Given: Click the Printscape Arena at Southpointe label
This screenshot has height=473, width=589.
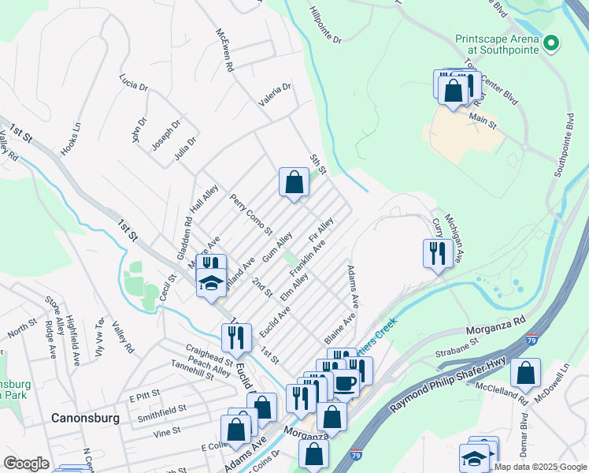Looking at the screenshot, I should (497, 43).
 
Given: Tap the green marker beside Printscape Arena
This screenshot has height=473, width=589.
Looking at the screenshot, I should (552, 43).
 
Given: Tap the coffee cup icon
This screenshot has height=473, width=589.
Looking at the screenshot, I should (345, 382).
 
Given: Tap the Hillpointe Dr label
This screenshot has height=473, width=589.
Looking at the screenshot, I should (325, 29).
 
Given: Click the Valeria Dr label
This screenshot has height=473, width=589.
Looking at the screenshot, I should (276, 95).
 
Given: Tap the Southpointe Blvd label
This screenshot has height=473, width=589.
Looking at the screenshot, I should (563, 145).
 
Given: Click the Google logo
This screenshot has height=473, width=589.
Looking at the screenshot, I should (27, 464).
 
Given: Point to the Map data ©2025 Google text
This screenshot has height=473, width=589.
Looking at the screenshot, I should (539, 466).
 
